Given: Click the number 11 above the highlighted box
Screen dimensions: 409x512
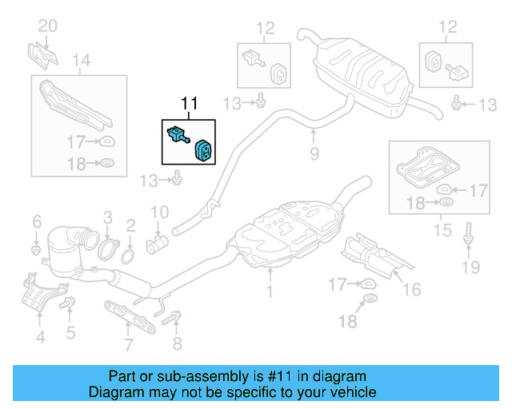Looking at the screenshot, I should pos(188,103).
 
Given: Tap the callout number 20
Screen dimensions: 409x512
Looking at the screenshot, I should pos(48,26).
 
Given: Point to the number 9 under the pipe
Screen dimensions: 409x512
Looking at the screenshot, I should pos(314,152).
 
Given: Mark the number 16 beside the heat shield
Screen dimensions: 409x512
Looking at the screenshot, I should pos(411,289).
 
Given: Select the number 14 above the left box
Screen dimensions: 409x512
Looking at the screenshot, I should pos(82,59).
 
